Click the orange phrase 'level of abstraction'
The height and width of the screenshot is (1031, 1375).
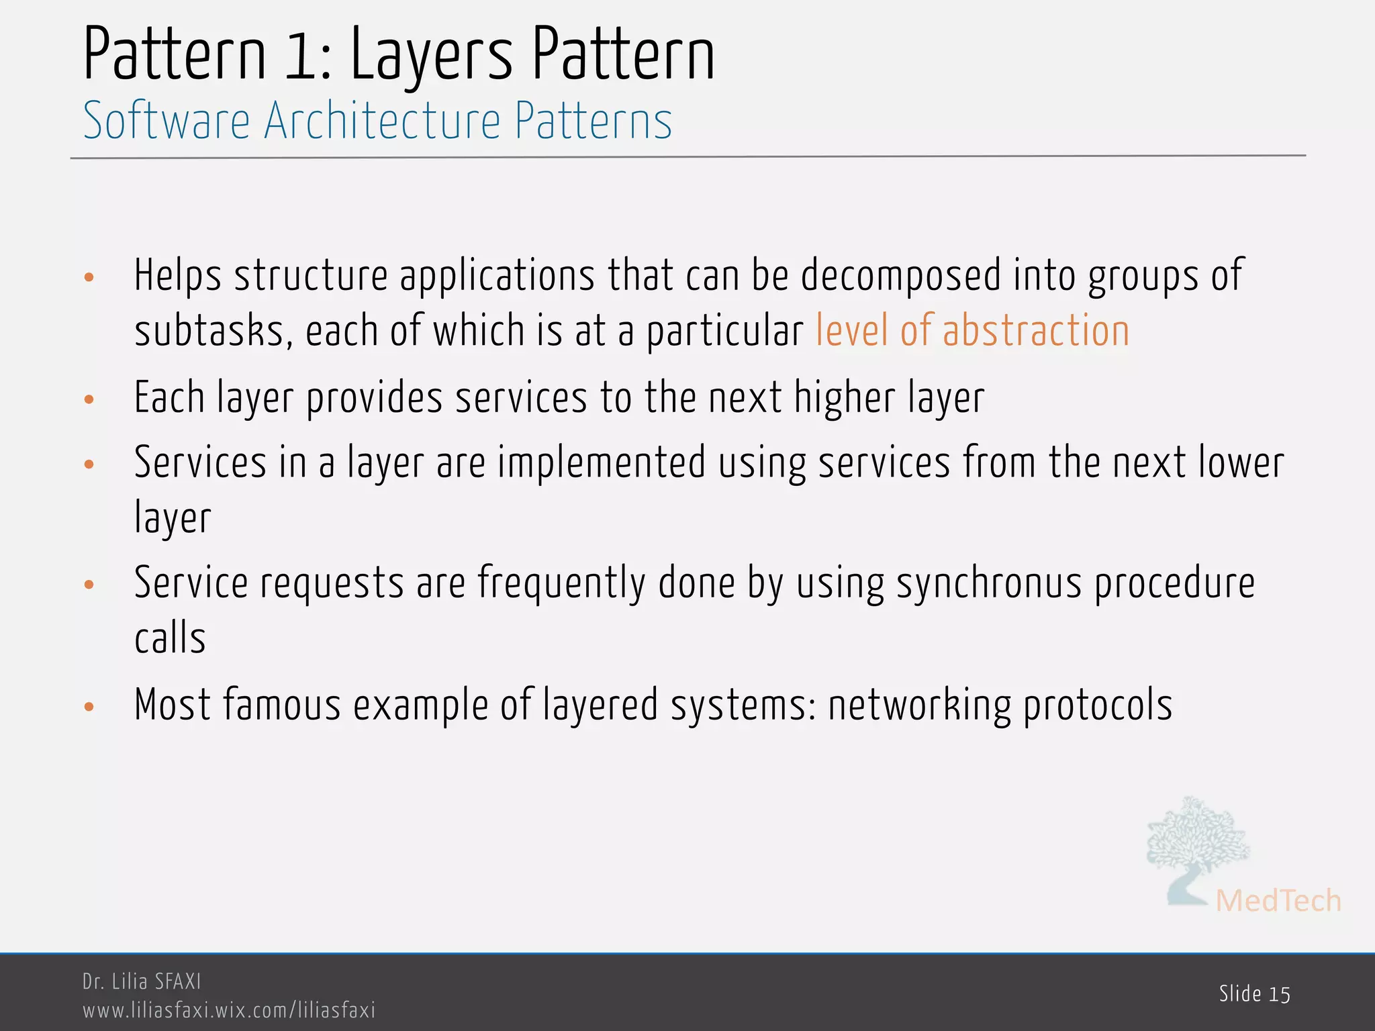pos(972,331)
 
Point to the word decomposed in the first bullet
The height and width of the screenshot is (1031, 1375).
pos(900,275)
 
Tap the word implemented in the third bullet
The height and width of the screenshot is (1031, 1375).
pos(602,463)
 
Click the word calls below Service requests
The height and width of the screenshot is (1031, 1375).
pos(170,638)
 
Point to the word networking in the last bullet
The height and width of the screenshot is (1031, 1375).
pos(919,705)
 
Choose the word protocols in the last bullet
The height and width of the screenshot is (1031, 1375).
pos(1098,705)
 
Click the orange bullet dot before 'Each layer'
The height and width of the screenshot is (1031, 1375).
pos(89,400)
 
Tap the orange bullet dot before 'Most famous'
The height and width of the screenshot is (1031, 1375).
pos(89,707)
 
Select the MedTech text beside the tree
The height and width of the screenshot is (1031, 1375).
pos(1278,901)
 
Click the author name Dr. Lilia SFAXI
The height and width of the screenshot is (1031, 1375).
pos(142,981)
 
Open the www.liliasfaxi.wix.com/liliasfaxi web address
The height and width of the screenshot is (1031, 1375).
pos(229,1010)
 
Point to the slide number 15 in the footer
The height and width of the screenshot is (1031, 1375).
pos(1280,994)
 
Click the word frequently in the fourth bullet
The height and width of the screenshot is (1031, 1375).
pos(561,583)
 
